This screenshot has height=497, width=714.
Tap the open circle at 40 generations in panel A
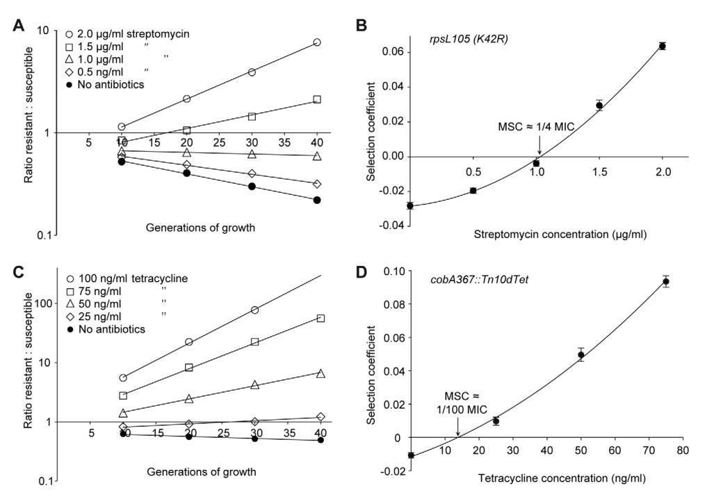click(x=317, y=42)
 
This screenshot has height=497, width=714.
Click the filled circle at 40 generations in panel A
click(x=317, y=200)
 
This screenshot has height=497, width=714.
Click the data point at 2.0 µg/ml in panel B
click(x=663, y=46)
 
